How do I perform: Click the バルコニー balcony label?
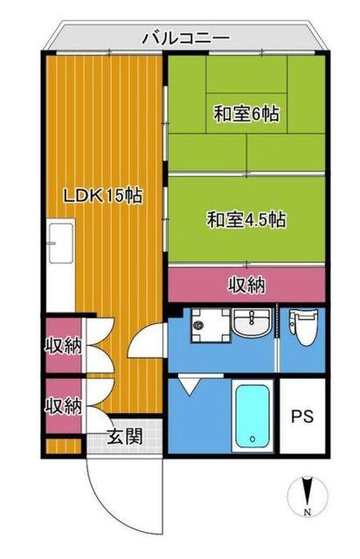click(x=185, y=38)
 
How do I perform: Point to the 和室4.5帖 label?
click(x=246, y=219)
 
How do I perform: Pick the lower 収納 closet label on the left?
click(x=63, y=405)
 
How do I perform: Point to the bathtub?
click(x=252, y=415)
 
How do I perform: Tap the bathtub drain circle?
click(x=252, y=439)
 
